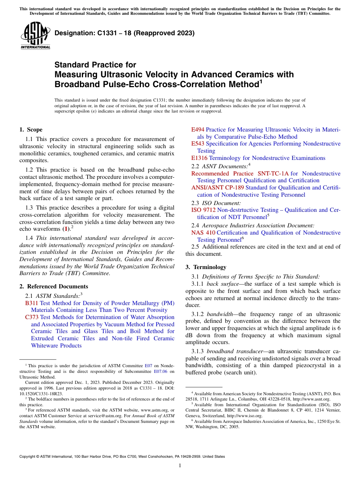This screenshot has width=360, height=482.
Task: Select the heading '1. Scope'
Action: point(31,130)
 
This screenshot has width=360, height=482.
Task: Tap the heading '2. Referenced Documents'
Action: point(53,286)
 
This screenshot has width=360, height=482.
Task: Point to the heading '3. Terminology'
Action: point(206,267)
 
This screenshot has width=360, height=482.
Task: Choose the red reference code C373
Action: point(32,317)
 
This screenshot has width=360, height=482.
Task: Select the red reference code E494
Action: point(198,130)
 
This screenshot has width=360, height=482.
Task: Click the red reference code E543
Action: point(198,144)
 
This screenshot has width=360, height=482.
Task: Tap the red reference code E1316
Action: point(199,158)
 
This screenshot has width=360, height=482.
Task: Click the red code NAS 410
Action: point(203,233)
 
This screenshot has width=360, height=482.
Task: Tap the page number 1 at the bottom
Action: point(180,465)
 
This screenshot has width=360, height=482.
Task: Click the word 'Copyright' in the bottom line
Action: point(28,457)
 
